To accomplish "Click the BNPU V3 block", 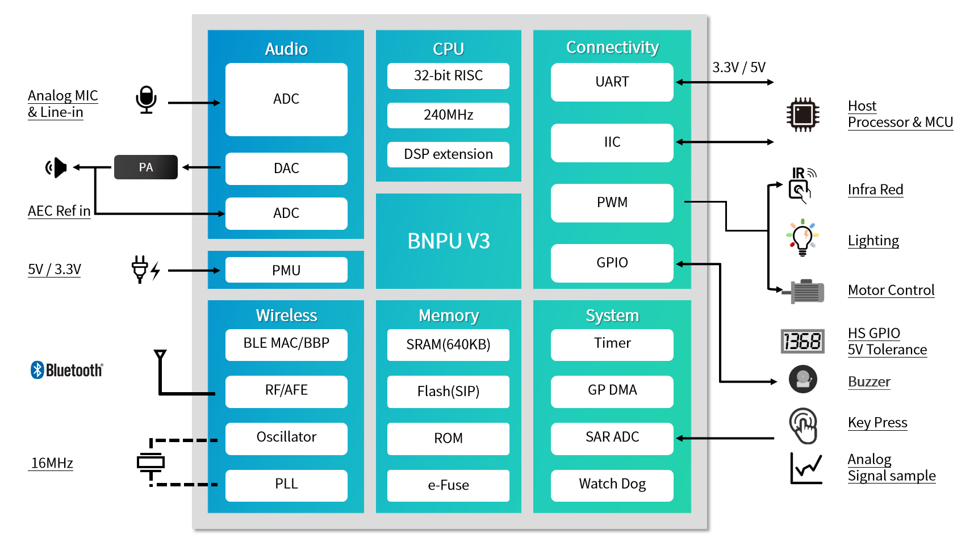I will click(448, 241).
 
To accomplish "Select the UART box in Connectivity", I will click(612, 82).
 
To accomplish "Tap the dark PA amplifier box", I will click(145, 167).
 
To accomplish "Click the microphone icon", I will click(146, 100).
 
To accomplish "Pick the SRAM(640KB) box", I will click(448, 344).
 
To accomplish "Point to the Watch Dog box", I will click(612, 484).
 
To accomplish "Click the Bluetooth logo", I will click(66, 370).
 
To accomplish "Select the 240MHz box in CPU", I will click(448, 115).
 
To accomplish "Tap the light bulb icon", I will click(802, 238).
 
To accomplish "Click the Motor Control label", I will click(891, 290).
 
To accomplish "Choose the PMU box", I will click(286, 270).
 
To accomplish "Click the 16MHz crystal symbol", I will click(151, 463).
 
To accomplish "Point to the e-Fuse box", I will click(448, 485).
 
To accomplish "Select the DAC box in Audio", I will click(286, 169).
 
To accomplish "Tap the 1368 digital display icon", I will click(802, 341).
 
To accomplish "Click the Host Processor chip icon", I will click(802, 115).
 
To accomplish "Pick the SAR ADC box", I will click(612, 438).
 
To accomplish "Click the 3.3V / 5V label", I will click(738, 68).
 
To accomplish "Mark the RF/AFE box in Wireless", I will click(286, 390).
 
